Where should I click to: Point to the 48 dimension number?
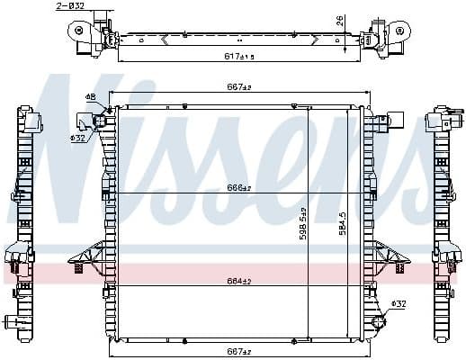point(91,96)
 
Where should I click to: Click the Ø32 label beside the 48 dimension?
point(78,139)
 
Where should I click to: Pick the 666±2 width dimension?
point(237,188)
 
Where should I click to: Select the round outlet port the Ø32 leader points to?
point(378,321)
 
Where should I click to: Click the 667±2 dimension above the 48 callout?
point(237,87)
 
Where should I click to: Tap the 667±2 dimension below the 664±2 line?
point(237,352)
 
